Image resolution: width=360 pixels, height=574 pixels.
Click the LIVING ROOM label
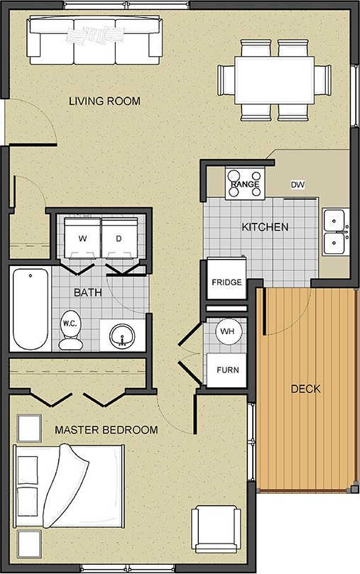point(104,101)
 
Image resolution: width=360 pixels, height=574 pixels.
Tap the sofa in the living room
point(94,39)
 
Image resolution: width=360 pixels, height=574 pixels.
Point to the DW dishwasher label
point(298,184)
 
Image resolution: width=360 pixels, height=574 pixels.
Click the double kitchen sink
point(334,233)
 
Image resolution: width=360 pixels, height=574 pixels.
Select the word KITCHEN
point(265,227)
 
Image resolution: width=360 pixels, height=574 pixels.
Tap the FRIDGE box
point(227,282)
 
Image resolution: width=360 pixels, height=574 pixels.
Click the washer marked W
point(82,238)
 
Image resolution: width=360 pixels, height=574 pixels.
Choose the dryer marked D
point(120,238)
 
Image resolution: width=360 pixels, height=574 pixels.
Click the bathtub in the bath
point(30,308)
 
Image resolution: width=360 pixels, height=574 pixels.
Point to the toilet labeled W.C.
point(70,330)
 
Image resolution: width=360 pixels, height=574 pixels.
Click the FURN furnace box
point(227,370)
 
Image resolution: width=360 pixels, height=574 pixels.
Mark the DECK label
point(306,389)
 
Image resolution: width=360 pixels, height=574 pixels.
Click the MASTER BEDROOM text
point(107,430)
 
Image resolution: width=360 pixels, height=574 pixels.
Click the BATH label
point(88,292)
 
